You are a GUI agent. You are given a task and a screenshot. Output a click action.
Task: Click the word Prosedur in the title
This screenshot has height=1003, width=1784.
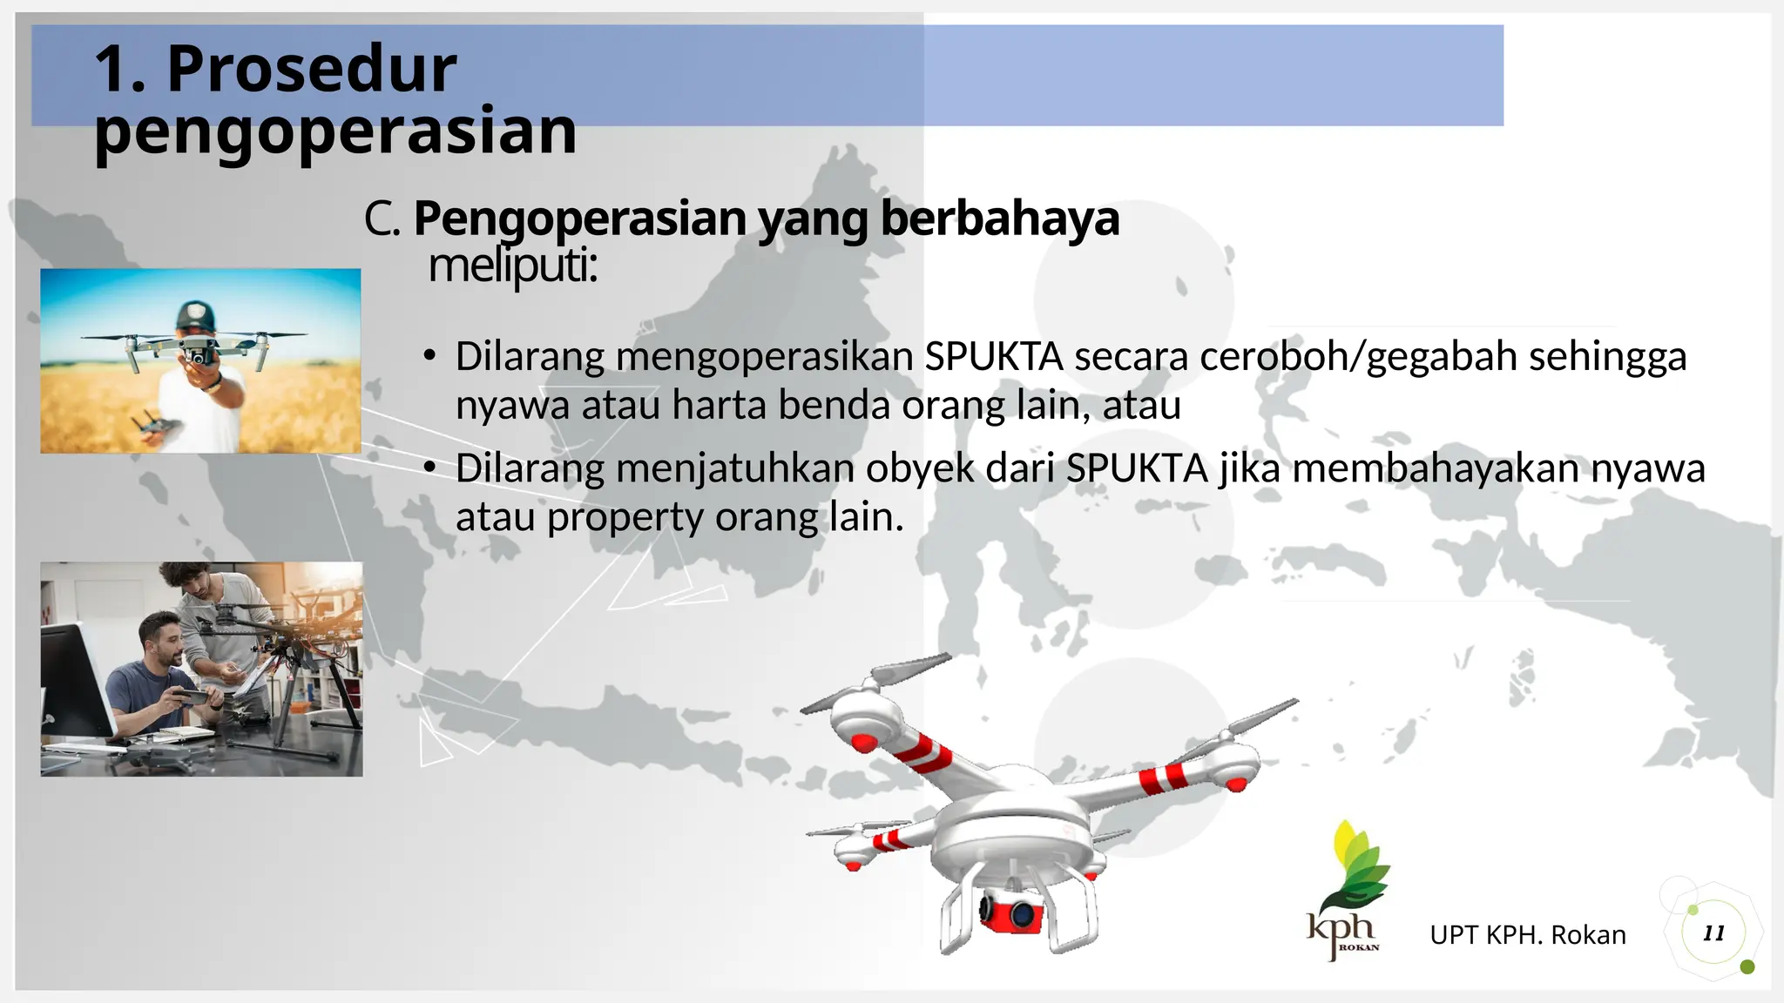(311, 69)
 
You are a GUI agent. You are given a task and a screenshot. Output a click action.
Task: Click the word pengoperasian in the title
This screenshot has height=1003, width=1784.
(335, 132)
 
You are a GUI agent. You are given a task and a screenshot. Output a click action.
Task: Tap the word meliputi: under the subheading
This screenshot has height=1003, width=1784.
(512, 266)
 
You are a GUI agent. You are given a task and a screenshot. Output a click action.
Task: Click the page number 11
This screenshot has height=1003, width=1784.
(1714, 933)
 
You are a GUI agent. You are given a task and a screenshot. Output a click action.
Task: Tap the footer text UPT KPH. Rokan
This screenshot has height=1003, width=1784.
(1528, 935)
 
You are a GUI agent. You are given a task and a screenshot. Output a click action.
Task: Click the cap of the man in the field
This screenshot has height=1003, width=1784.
(195, 313)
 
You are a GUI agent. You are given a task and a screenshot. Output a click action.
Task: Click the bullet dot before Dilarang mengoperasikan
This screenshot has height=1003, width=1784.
(429, 357)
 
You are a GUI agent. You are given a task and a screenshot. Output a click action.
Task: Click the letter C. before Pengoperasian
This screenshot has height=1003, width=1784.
(382, 219)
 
